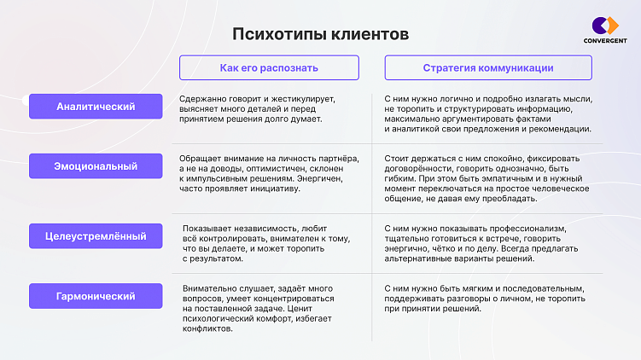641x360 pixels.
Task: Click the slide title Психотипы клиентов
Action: pyautogui.click(x=321, y=35)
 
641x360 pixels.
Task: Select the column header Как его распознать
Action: pyautogui.click(x=269, y=67)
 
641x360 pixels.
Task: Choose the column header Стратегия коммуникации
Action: pyautogui.click(x=488, y=67)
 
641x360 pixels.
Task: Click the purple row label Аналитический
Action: pyautogui.click(x=96, y=107)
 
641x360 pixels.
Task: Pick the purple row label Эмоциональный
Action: pyautogui.click(x=96, y=165)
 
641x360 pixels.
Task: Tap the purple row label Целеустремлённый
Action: pyautogui.click(x=96, y=235)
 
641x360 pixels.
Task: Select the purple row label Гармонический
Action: pyautogui.click(x=96, y=296)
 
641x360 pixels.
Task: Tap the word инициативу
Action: pyautogui.click(x=273, y=189)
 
